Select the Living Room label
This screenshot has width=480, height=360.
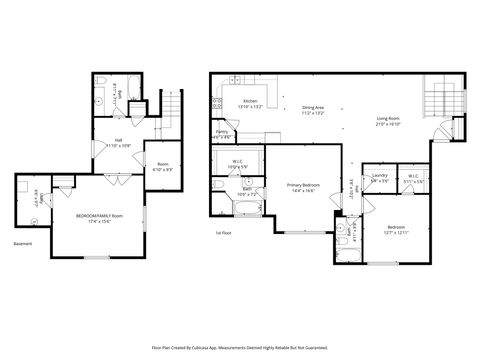[x=388, y=122]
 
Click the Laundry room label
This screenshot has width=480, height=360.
[x=379, y=178]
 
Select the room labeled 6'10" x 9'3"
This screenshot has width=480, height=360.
[x=163, y=167]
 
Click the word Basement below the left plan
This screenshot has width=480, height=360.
[x=23, y=244]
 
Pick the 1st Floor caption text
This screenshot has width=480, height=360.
[x=224, y=232]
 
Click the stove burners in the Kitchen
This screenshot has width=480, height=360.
[x=217, y=103]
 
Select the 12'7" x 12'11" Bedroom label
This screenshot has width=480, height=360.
[x=395, y=229]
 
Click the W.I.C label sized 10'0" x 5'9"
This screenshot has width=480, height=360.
[x=238, y=164]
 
